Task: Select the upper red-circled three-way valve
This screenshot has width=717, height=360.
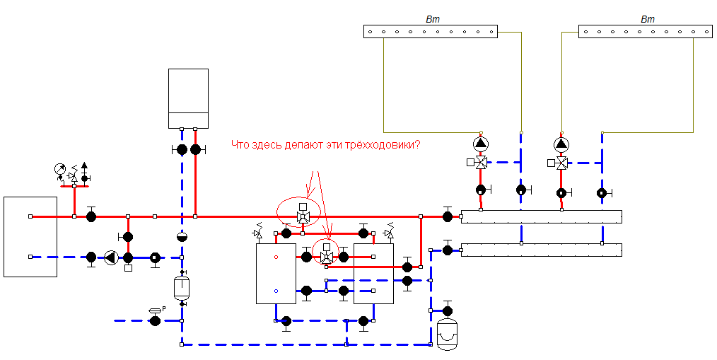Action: [x=302, y=214]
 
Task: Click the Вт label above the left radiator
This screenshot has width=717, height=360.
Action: [x=433, y=19]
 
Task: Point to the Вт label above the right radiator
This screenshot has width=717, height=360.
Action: [x=648, y=19]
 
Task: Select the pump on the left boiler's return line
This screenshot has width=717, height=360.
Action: [x=110, y=257]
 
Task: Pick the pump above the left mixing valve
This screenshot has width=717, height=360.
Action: [x=481, y=144]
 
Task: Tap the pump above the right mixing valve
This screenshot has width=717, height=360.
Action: [x=561, y=144]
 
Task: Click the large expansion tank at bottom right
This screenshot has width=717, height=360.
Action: [x=448, y=334]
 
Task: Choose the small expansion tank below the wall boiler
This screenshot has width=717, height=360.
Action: [x=182, y=287]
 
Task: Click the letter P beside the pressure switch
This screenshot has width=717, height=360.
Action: [x=164, y=308]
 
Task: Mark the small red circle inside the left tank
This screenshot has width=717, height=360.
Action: [x=276, y=257]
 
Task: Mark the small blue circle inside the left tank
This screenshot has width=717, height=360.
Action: [x=276, y=291]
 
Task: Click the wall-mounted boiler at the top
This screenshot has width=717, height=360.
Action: [x=188, y=98]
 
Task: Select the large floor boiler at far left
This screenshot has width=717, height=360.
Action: [x=30, y=237]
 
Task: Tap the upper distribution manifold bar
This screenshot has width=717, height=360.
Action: [x=542, y=217]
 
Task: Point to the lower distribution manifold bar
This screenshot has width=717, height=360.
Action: [x=542, y=250]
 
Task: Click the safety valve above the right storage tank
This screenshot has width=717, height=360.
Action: [x=390, y=230]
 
